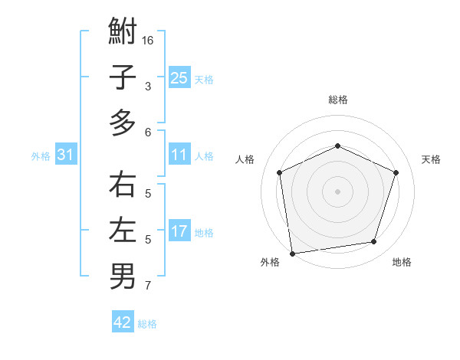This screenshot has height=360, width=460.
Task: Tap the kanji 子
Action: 123,77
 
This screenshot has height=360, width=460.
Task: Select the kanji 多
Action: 123,123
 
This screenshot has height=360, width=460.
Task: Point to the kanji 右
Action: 123,185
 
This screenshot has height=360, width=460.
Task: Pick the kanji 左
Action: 123,231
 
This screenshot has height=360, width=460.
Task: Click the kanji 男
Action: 123,276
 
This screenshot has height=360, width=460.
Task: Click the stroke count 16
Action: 149,40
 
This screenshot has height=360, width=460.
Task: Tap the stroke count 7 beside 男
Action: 148,286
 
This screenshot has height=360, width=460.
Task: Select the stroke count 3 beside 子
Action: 148,87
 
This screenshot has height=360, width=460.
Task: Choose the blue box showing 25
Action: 179,77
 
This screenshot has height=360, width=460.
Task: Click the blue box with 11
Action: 179,155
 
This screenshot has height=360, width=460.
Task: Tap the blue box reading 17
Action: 179,231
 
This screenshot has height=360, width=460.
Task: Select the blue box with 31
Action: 66,155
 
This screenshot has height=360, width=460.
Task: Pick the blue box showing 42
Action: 123,322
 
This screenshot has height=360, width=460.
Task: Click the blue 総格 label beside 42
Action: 147,324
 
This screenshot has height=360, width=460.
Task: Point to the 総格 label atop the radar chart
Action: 337,100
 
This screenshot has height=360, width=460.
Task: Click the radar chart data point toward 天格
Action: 396,172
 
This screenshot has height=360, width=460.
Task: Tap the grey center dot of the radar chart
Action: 337,191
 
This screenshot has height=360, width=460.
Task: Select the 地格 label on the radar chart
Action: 401,262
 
